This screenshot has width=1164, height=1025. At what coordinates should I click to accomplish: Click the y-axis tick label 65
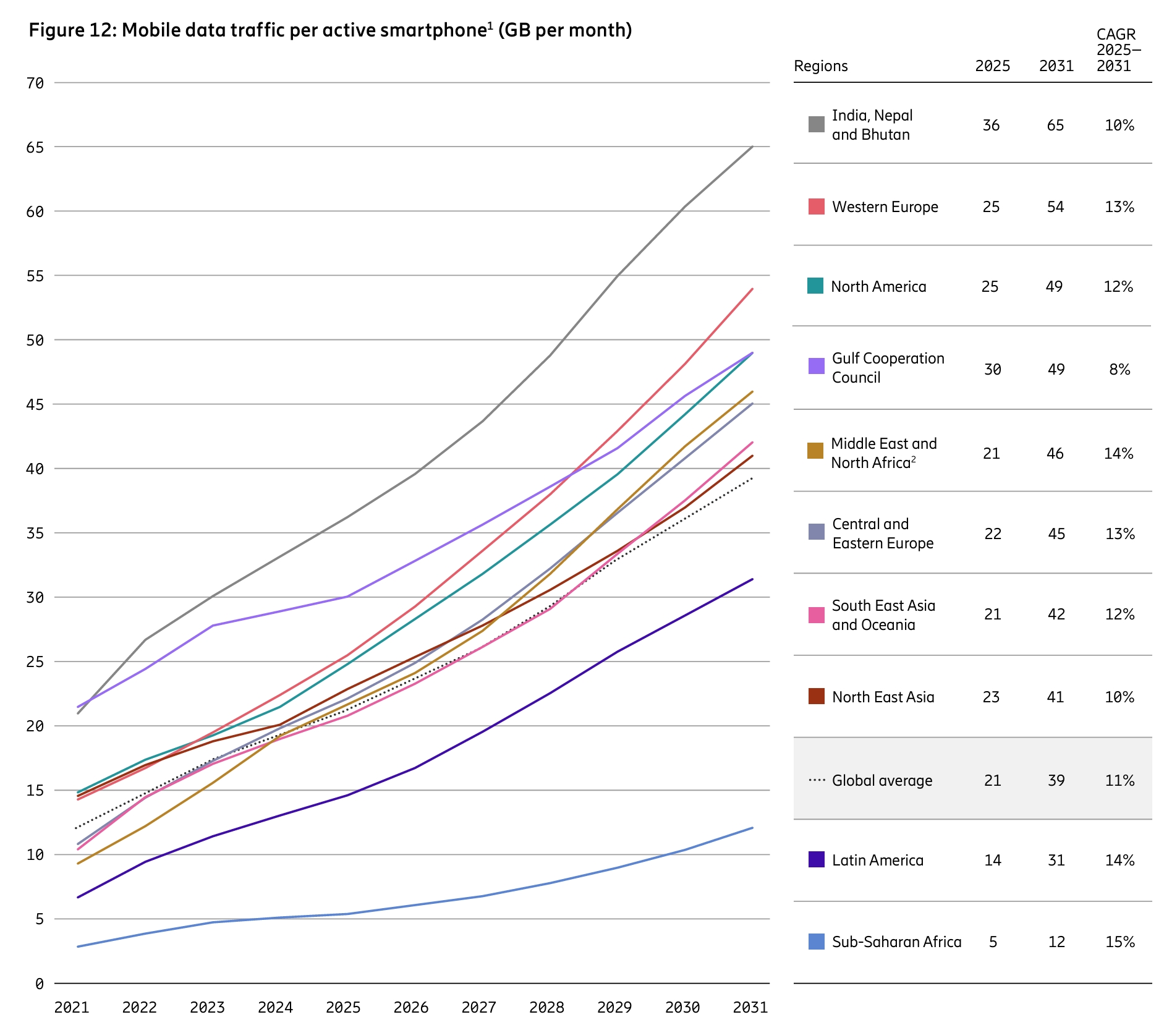[x=35, y=147]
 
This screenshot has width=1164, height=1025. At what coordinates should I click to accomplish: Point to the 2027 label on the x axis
[x=478, y=1008]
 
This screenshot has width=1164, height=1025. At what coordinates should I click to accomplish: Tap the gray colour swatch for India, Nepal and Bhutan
[x=816, y=124]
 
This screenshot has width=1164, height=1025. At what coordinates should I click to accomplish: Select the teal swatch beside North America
[x=815, y=286]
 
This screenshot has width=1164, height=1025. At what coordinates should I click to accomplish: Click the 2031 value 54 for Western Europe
[x=1055, y=207]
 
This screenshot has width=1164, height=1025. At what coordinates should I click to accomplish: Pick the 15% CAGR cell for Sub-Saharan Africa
[x=1119, y=942]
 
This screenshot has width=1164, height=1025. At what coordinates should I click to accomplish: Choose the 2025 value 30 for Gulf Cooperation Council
[x=992, y=369]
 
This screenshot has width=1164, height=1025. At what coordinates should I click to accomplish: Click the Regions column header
[x=820, y=66]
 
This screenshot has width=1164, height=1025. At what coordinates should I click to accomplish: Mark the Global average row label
[x=881, y=780]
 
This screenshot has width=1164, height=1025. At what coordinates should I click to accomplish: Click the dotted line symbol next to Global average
[x=817, y=780]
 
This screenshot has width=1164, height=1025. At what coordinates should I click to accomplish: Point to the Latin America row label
[x=877, y=860]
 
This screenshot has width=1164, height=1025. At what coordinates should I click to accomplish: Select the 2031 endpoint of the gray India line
[x=752, y=147]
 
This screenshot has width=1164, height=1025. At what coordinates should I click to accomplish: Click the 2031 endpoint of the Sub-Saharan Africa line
[x=752, y=828]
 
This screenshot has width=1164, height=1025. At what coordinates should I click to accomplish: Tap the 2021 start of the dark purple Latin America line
[x=78, y=897]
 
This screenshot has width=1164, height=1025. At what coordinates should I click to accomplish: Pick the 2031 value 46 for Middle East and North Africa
[x=1055, y=453]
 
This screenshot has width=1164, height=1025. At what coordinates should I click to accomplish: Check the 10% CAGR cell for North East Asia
[x=1119, y=697]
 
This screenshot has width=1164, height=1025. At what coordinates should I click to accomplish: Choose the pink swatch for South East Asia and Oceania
[x=816, y=615]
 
